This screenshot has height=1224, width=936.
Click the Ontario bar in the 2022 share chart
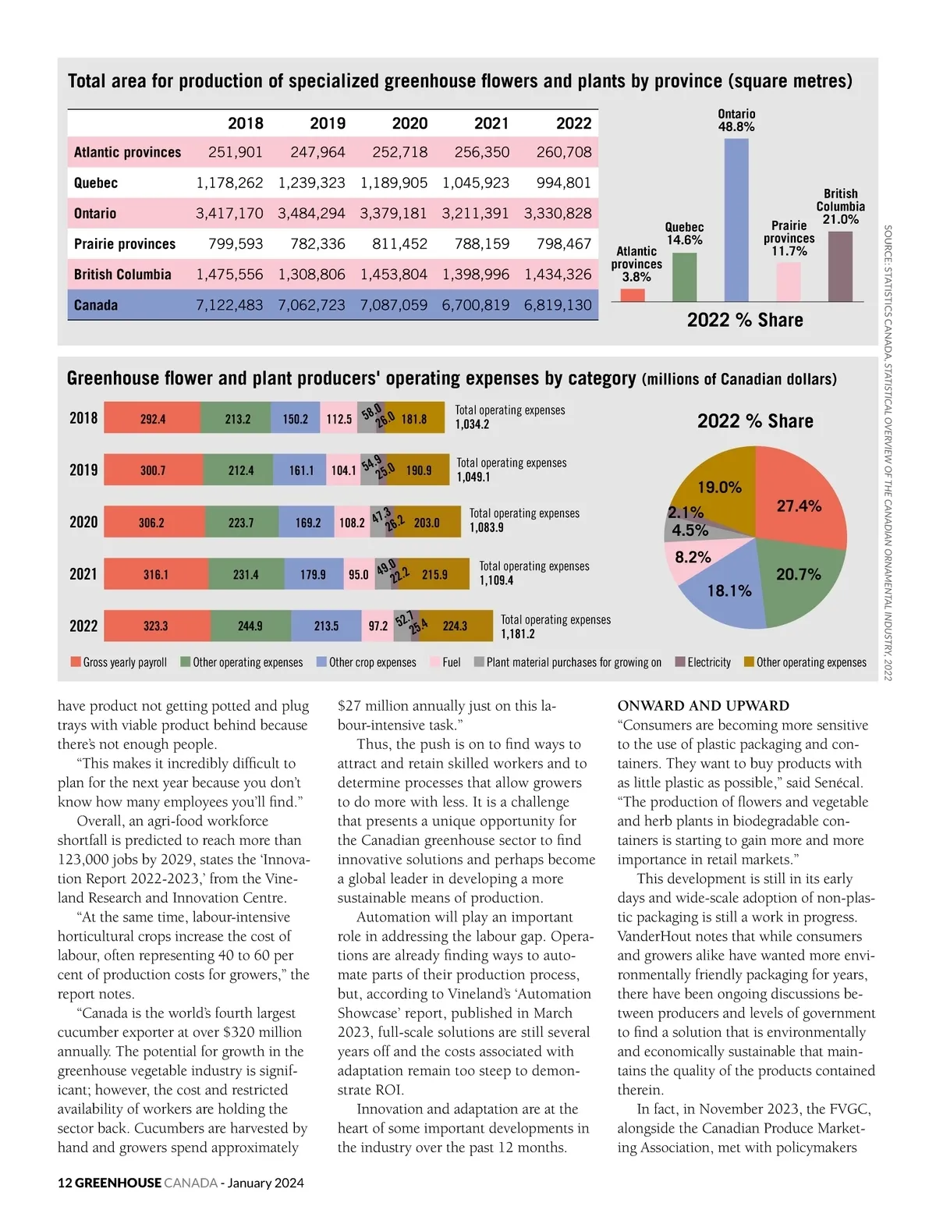(736, 220)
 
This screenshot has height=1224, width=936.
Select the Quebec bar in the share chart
(684, 277)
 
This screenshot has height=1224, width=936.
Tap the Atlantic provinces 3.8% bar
(633, 295)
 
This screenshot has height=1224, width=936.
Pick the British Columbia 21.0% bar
(839, 266)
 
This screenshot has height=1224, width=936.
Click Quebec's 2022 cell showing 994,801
(564, 183)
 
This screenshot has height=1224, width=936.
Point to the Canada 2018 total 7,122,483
(229, 305)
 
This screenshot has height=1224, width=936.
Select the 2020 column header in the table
(409, 123)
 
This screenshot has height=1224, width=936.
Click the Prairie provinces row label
(125, 243)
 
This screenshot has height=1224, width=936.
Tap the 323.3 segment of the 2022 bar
(156, 626)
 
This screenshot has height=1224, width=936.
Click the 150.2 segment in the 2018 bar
(295, 419)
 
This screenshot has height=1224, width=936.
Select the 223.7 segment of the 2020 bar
(241, 523)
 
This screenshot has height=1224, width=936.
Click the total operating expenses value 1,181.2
(518, 634)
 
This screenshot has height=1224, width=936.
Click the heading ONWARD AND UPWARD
(703, 706)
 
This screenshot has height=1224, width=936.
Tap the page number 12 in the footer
(65, 1183)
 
